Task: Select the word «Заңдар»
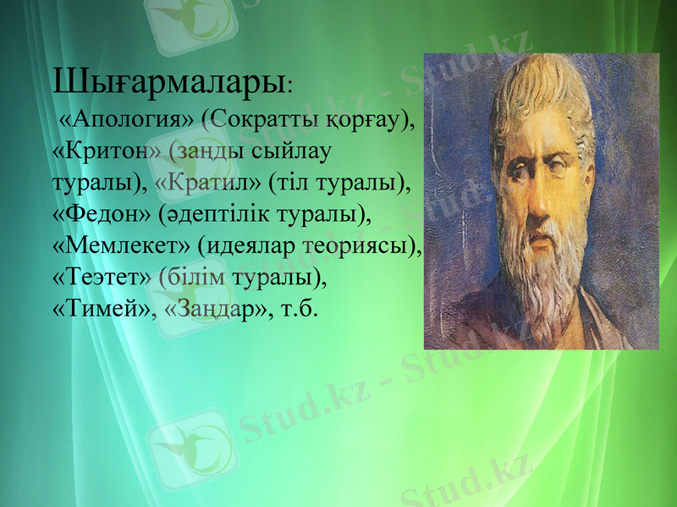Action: coord(209,308)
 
